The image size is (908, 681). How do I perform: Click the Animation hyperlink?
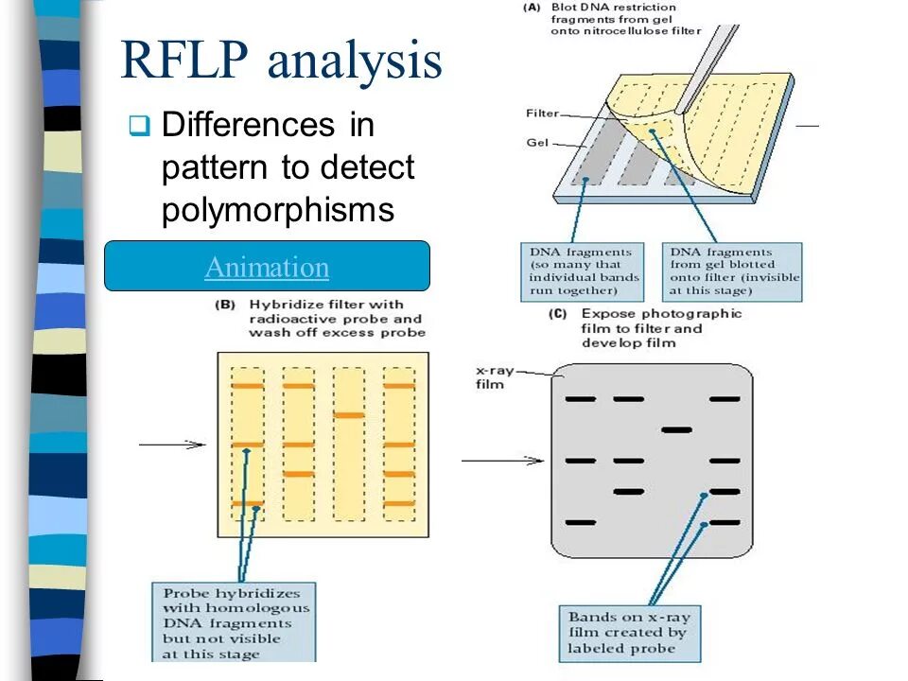[x=267, y=268]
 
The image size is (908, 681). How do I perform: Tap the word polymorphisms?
[x=277, y=210]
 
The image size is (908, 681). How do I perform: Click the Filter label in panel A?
[x=542, y=114]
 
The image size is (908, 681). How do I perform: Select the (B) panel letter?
[x=228, y=305]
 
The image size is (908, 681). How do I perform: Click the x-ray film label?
[x=494, y=378]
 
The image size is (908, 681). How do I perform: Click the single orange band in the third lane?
[x=349, y=415]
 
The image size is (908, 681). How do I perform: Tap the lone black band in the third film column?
[x=676, y=429]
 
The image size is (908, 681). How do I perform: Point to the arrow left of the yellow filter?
[x=171, y=445]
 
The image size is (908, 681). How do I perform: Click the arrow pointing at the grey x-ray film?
[x=502, y=461]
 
